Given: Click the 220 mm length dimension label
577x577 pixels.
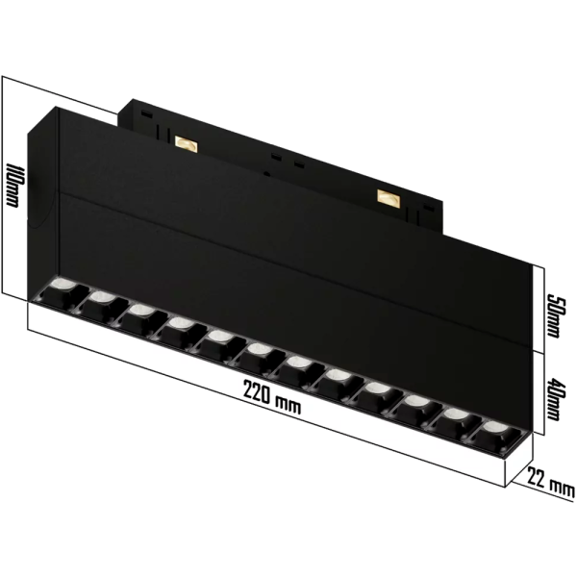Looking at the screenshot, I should pyautogui.click(x=272, y=398).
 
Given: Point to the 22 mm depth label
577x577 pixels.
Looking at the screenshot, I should pyautogui.click(x=549, y=482).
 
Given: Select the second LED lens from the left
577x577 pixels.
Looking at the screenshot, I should pyautogui.click(x=98, y=300).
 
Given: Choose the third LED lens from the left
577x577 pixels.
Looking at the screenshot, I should pyautogui.click(x=139, y=313).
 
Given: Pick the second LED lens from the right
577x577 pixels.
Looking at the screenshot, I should pyautogui.click(x=456, y=414).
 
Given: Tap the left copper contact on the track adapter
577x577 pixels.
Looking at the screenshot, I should pyautogui.click(x=185, y=144).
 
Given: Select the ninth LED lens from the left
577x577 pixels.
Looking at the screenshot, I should pyautogui.click(x=377, y=389).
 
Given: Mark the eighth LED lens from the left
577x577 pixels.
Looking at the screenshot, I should pyautogui.click(x=339, y=377).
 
